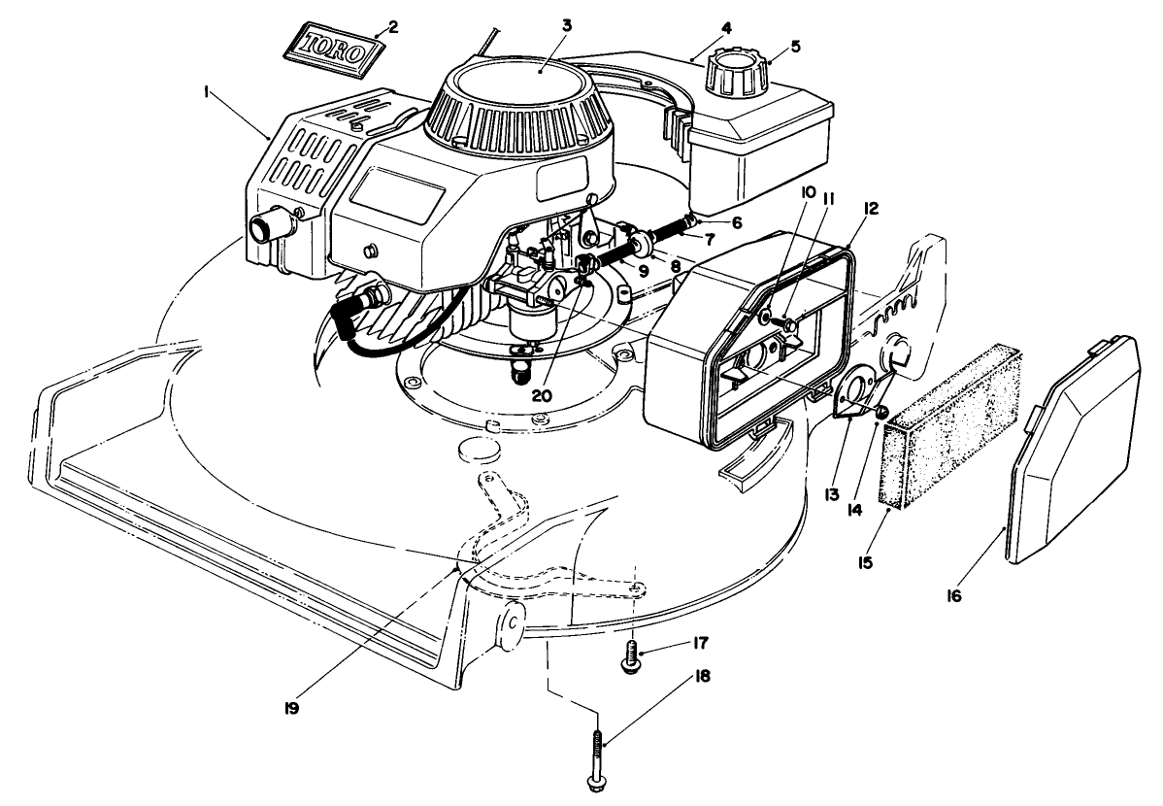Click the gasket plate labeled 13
[854, 398]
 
